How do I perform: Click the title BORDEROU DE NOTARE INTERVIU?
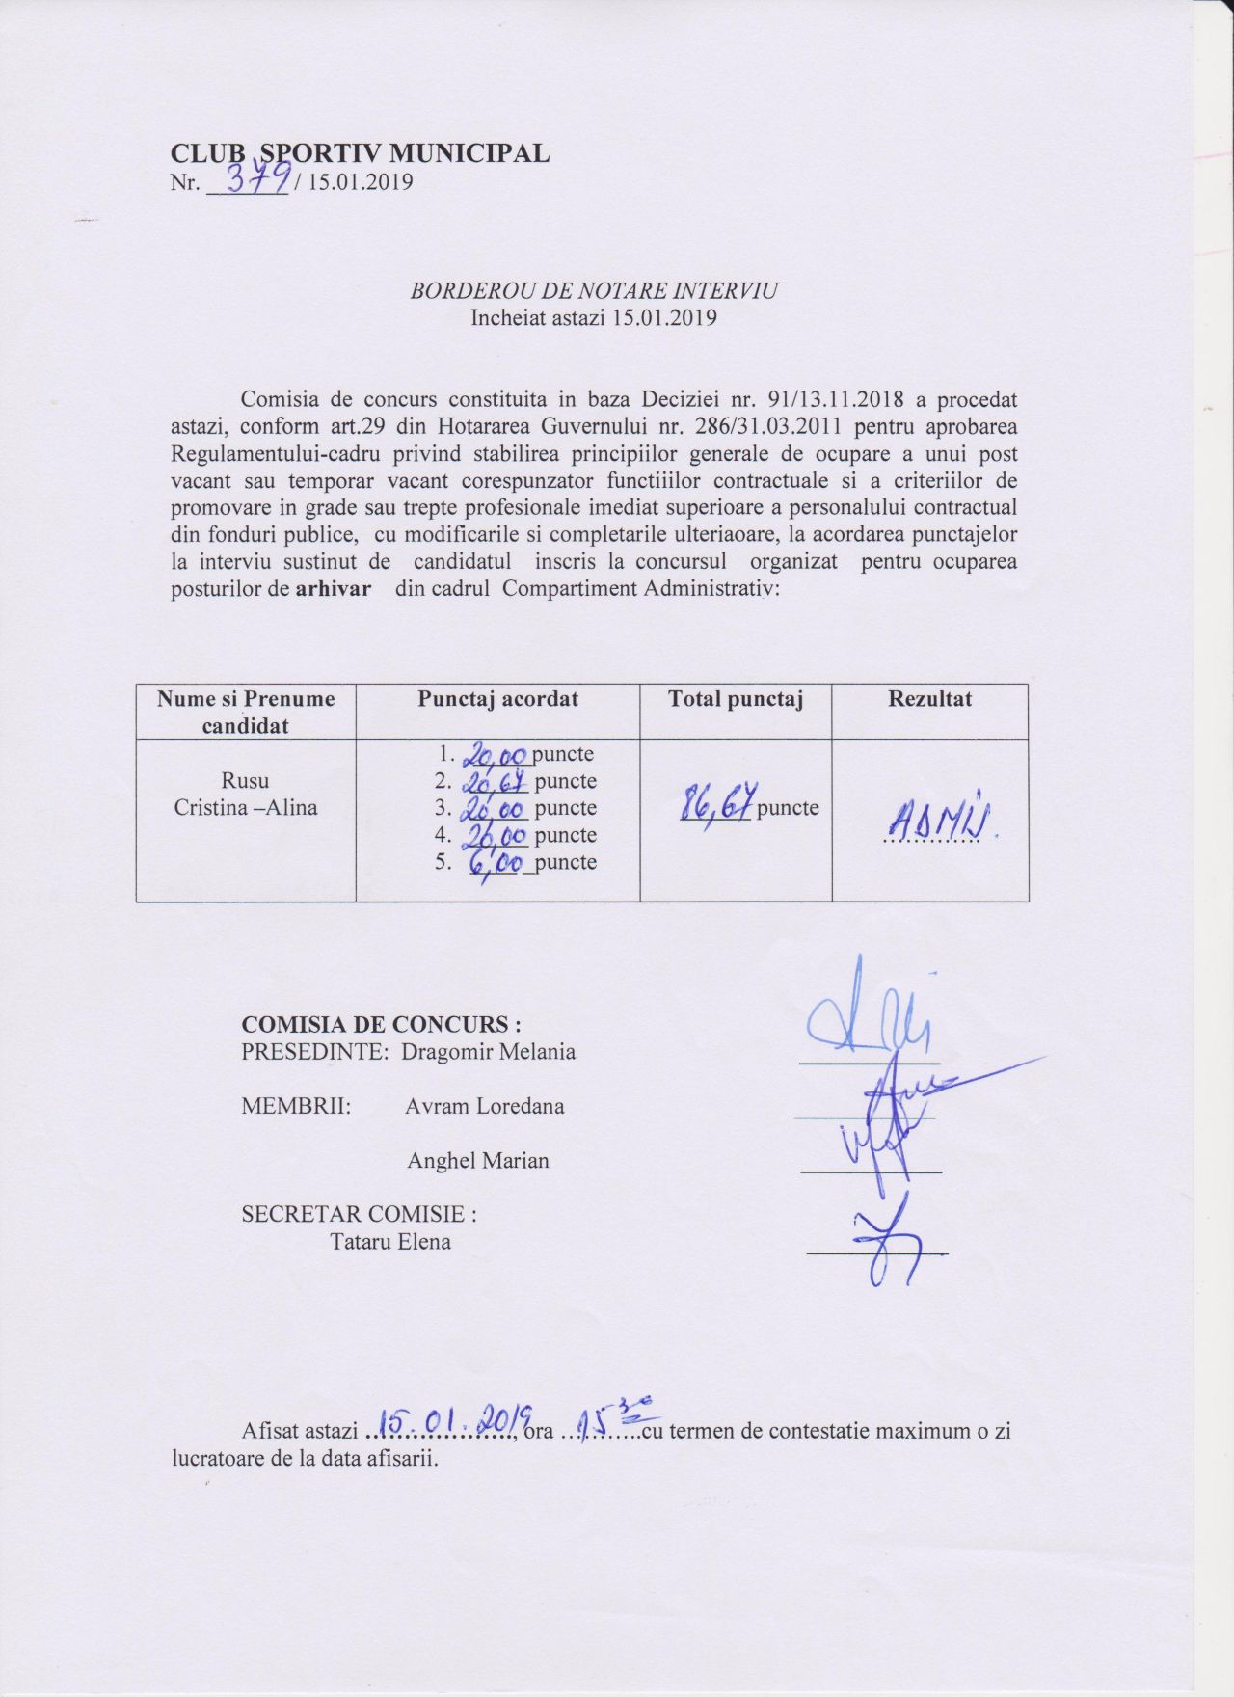(x=594, y=290)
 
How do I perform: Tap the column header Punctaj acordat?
(x=497, y=699)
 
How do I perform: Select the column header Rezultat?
(x=929, y=699)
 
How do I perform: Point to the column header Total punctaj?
(x=736, y=699)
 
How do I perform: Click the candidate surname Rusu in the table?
(x=245, y=780)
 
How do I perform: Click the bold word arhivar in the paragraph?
(x=333, y=588)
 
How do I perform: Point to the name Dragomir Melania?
(x=488, y=1052)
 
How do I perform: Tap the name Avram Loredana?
(x=484, y=1106)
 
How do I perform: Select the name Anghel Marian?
(x=478, y=1161)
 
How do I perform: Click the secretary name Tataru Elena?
(x=390, y=1242)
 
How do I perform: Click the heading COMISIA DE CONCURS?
(x=381, y=1024)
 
